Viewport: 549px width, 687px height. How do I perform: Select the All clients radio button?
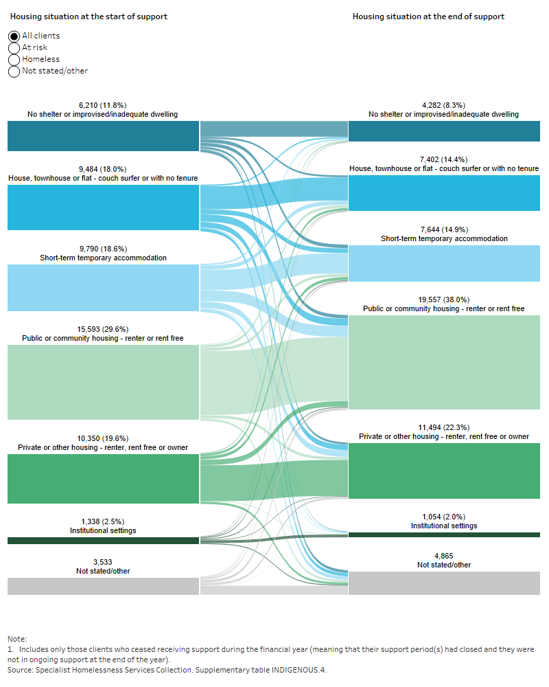click(x=14, y=36)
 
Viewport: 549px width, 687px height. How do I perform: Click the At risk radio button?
click(x=14, y=47)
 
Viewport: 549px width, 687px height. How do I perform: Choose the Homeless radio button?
click(x=14, y=59)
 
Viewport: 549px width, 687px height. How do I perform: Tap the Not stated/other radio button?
click(x=14, y=71)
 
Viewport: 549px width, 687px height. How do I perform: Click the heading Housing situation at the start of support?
click(x=89, y=16)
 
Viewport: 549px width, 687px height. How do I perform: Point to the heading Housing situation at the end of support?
click(x=428, y=16)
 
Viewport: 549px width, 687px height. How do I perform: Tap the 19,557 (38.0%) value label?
click(x=444, y=300)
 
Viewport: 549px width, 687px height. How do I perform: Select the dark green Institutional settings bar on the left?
click(x=103, y=541)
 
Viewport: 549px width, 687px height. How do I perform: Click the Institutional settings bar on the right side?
click(x=444, y=534)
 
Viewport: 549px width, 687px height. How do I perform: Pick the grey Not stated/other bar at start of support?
click(x=103, y=586)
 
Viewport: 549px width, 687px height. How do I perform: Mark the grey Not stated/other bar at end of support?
click(x=444, y=583)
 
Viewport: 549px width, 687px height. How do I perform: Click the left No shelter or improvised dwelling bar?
click(x=103, y=136)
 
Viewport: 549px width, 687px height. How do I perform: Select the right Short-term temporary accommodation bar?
click(x=444, y=263)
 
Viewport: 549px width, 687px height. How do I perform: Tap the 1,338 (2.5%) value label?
click(x=103, y=521)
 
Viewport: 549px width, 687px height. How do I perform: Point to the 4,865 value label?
click(x=444, y=556)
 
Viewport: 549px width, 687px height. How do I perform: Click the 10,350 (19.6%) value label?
click(x=103, y=438)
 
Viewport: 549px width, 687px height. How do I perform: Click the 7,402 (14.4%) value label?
click(x=444, y=159)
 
